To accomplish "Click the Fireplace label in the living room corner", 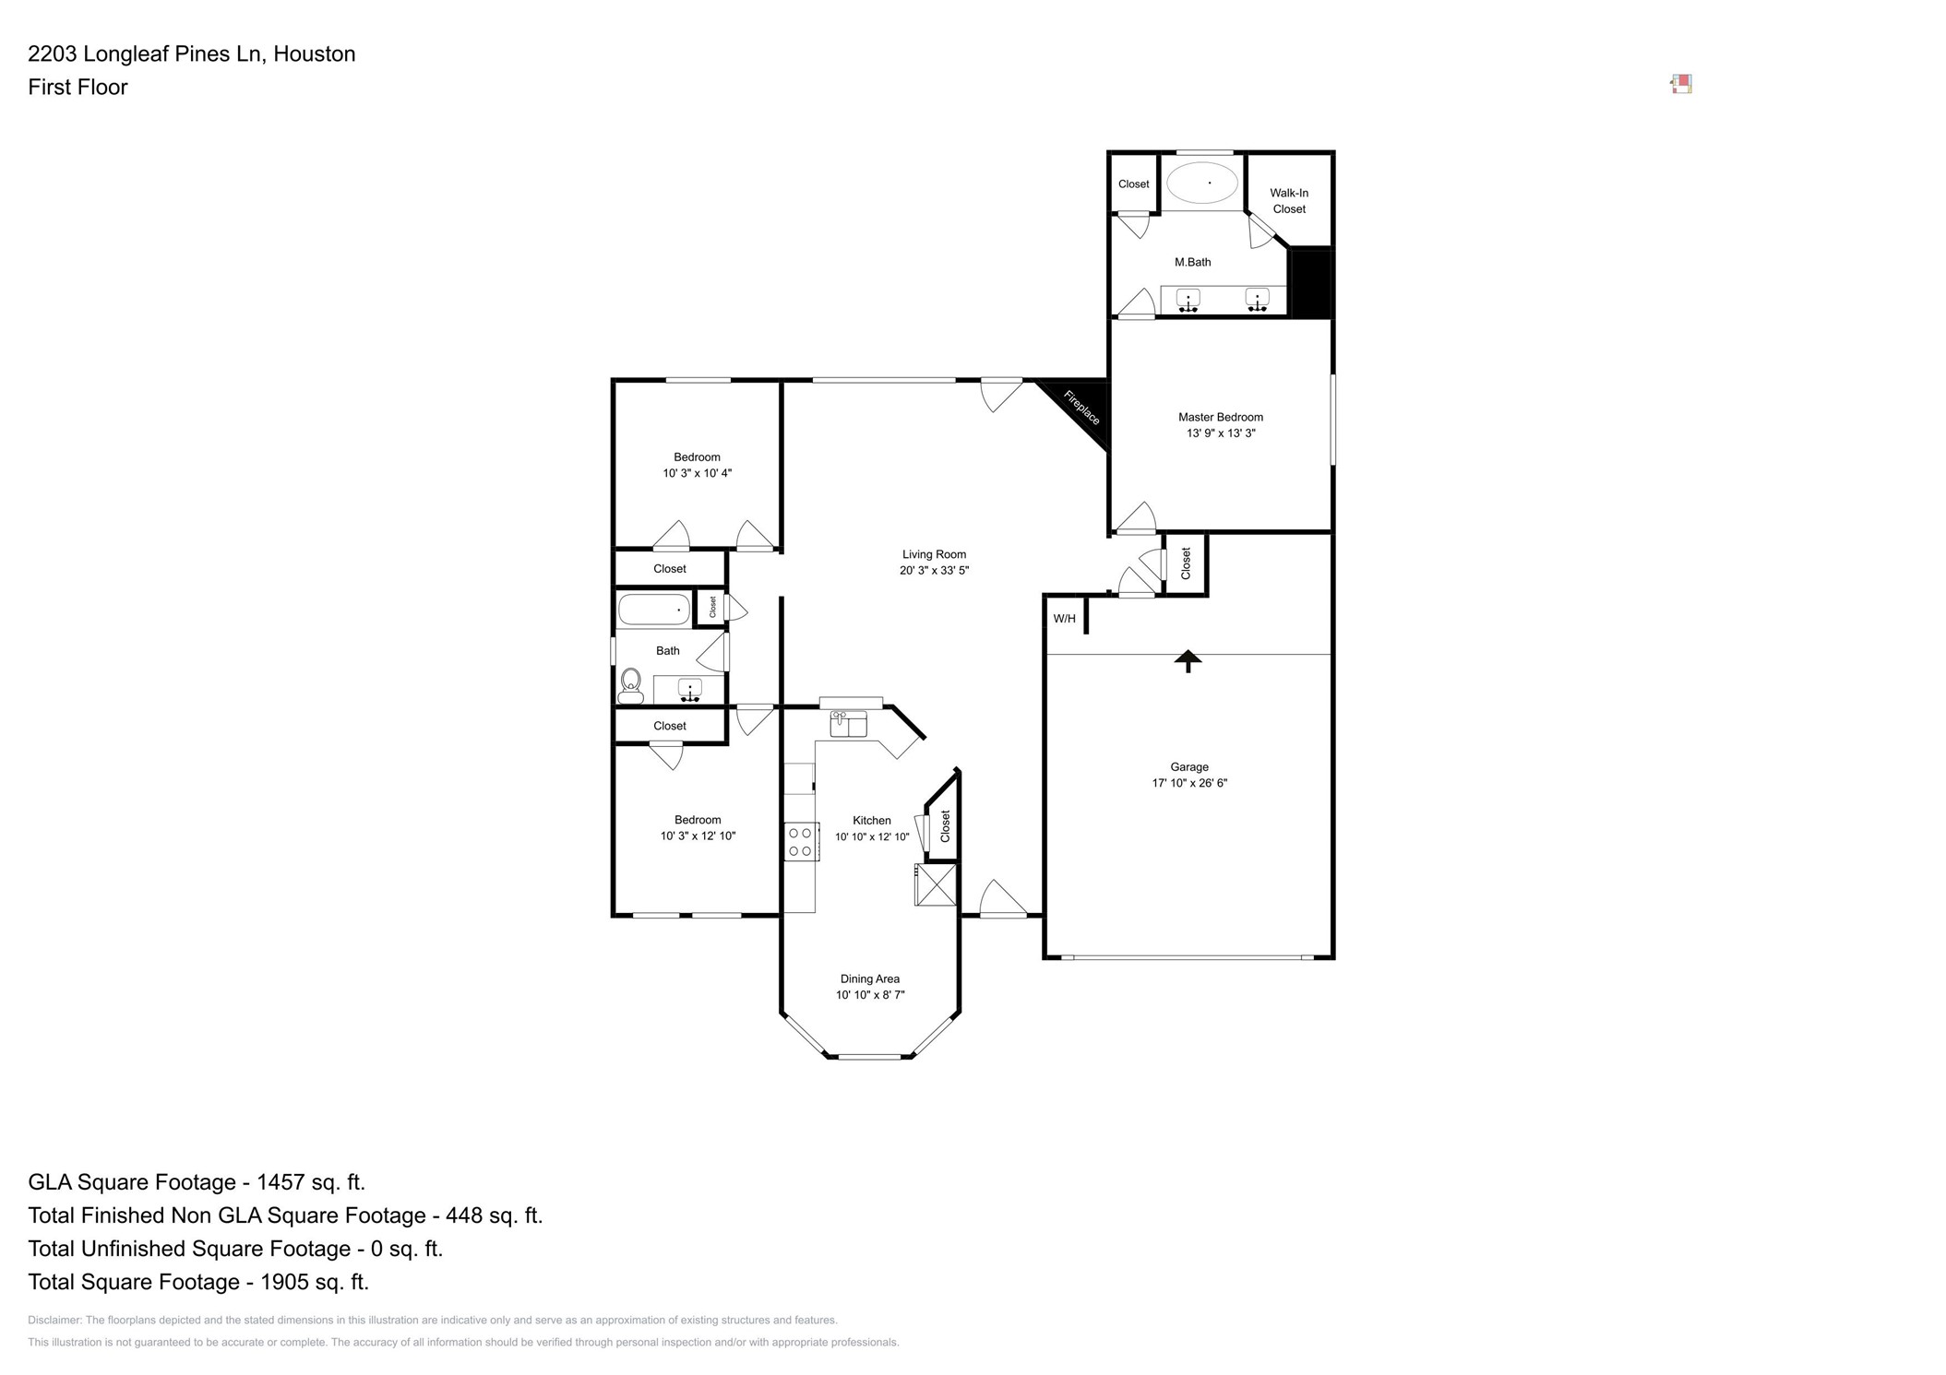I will pos(1081,408).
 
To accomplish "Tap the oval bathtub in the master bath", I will pos(1202,183).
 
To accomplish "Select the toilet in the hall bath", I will pos(631,683).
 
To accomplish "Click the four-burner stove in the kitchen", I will pos(800,841).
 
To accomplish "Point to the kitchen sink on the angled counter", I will pos(848,723).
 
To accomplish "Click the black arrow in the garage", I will pos(1188,660).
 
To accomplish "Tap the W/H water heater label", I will pos(1064,618).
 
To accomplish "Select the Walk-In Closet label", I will pos(1288,201).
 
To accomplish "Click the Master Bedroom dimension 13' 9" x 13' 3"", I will pos(1220,433).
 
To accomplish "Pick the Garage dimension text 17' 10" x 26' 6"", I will pos(1188,783).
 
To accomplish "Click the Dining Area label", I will pos(869,978).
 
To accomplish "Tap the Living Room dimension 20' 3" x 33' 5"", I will pos(934,570).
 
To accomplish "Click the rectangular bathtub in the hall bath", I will pos(653,610).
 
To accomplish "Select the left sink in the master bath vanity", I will pos(1188,299).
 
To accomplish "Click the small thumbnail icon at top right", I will pos(1680,85).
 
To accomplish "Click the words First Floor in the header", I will pos(78,87).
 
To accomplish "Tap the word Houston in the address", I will pos(314,53).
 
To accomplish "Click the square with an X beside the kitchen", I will pos(936,884).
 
